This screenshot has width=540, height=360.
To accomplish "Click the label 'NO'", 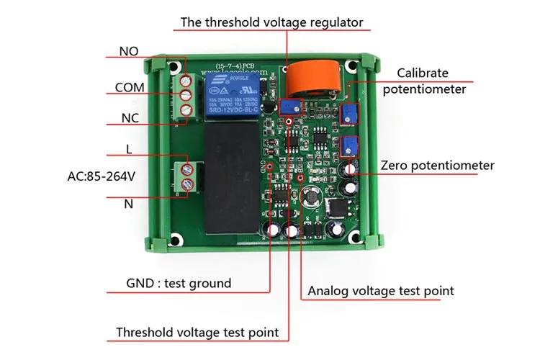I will (130, 52).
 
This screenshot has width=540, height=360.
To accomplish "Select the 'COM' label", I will (130, 88).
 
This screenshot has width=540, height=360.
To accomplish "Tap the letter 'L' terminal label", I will (129, 150).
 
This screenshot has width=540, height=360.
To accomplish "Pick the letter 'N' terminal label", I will (129, 204).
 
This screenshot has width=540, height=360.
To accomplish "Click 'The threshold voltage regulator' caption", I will (271, 22).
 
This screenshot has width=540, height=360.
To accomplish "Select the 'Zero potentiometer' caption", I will (438, 166).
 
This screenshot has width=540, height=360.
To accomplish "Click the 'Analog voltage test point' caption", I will (381, 291).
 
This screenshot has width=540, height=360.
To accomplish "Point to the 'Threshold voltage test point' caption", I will (197, 333).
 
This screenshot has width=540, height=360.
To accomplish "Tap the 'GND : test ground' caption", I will (179, 283).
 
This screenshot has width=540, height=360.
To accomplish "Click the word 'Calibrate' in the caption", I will (422, 73).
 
